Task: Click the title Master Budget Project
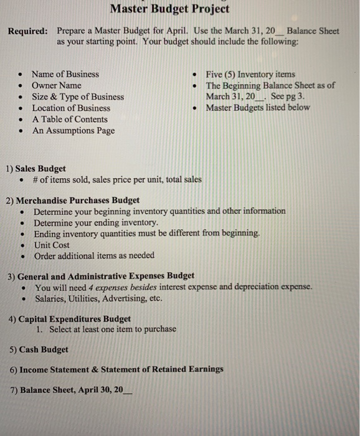[x=169, y=9]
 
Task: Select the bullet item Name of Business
[x=65, y=74]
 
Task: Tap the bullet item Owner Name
[x=56, y=85]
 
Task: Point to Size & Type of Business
[x=77, y=97]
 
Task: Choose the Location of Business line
[x=71, y=108]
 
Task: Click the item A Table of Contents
[x=70, y=119]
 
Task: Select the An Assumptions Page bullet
[x=73, y=130]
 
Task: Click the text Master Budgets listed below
[x=258, y=108]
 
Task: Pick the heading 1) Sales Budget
[x=36, y=168]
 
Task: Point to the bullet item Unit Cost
[x=52, y=245]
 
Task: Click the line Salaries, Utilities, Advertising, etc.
[x=98, y=298]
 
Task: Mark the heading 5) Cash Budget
[x=39, y=349]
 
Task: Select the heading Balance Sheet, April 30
[x=71, y=390]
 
